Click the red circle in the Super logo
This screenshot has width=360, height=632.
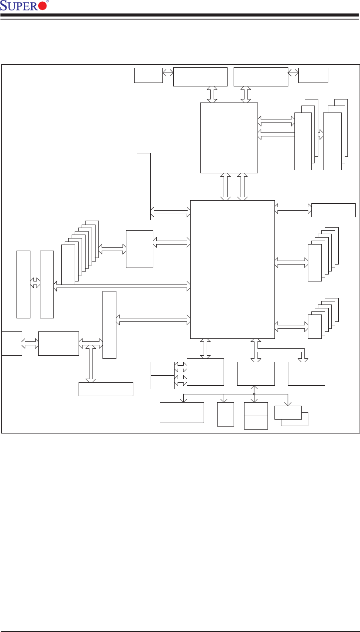pyautogui.click(x=42, y=6)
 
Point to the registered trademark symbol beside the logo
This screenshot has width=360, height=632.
pyautogui.click(x=47, y=2)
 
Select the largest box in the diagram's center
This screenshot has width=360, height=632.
pyautogui.click(x=232, y=269)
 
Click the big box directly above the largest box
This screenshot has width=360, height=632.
pyautogui.click(x=229, y=138)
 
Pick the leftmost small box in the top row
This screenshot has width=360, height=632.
pyautogui.click(x=148, y=75)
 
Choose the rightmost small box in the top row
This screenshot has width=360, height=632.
pyautogui.click(x=313, y=75)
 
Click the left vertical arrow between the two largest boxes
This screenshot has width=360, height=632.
pyautogui.click(x=226, y=187)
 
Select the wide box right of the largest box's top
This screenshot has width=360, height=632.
pyautogui.click(x=334, y=210)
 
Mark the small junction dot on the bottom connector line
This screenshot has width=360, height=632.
pyautogui.click(x=254, y=394)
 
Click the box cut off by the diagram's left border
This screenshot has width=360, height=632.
pyautogui.click(x=12, y=343)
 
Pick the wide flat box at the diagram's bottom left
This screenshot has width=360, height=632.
pyautogui.click(x=106, y=389)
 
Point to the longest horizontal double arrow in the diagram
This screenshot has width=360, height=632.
pyautogui.click(x=122, y=285)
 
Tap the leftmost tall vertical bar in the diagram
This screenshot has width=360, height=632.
pyautogui.click(x=23, y=284)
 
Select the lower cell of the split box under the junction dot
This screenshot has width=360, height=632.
pyautogui.click(x=256, y=423)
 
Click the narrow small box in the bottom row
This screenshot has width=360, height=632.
pyautogui.click(x=225, y=414)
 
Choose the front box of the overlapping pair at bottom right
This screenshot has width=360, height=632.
pyautogui.click(x=288, y=412)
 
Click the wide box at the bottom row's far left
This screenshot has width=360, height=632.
pyautogui.click(x=182, y=412)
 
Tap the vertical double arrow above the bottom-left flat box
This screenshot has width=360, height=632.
pyautogui.click(x=90, y=364)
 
